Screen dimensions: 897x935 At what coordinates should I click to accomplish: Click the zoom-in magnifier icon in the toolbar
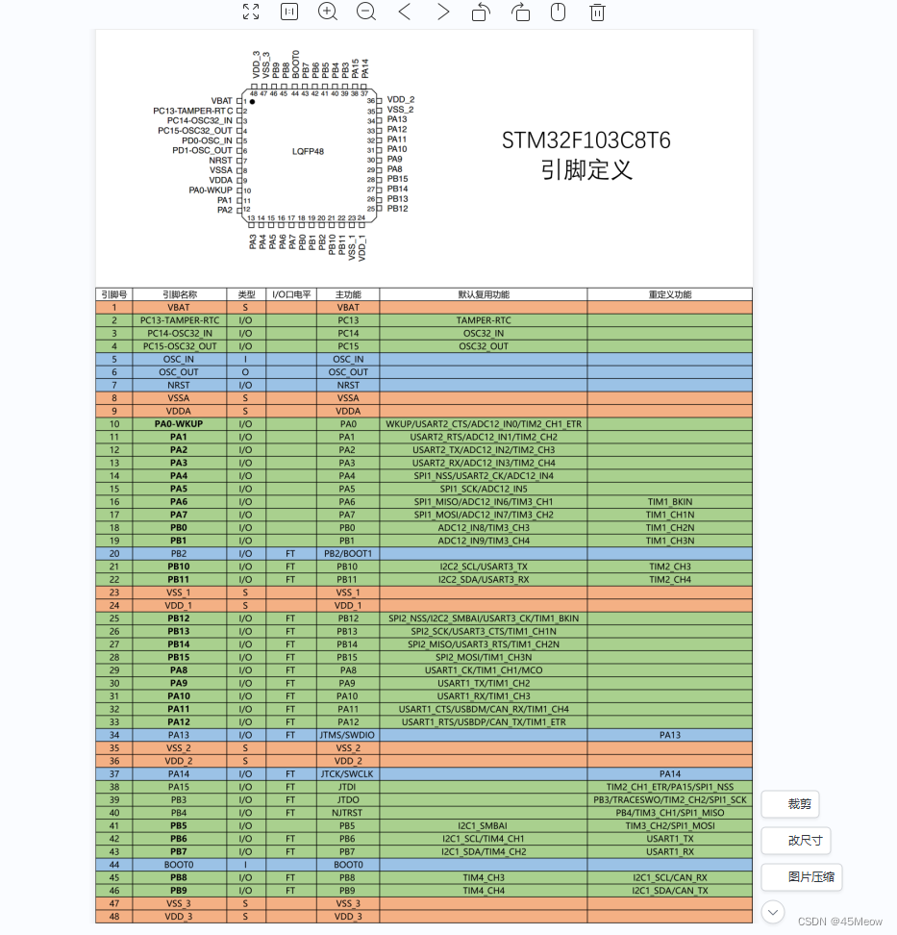[x=327, y=12]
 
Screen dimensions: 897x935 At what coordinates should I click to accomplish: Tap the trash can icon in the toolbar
[x=597, y=12]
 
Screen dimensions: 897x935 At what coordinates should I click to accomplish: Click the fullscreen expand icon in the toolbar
[x=251, y=12]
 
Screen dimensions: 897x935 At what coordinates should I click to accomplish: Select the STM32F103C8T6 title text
[x=586, y=140]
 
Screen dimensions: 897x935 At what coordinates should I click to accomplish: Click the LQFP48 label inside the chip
[x=308, y=151]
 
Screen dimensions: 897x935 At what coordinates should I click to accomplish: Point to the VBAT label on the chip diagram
[x=221, y=101]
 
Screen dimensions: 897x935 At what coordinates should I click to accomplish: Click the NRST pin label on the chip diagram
[x=220, y=161]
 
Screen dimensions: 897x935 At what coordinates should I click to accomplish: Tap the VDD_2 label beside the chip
[x=400, y=100]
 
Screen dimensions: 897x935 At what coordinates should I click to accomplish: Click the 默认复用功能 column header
[x=484, y=294]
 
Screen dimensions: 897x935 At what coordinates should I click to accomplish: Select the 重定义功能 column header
[x=669, y=294]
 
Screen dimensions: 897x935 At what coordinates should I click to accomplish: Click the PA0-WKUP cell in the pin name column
[x=178, y=423]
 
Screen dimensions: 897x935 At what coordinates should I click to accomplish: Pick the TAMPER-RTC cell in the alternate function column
[x=484, y=320]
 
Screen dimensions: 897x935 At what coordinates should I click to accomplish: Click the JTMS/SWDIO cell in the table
[x=348, y=735]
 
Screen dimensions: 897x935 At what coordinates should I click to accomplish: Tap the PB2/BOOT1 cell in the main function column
[x=348, y=553]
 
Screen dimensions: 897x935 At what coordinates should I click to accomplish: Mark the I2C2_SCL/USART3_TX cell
[x=484, y=567]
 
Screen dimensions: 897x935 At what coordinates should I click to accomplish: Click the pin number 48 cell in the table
[x=113, y=917]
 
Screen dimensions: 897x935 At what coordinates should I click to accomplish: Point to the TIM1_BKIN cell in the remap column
[x=669, y=501]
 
